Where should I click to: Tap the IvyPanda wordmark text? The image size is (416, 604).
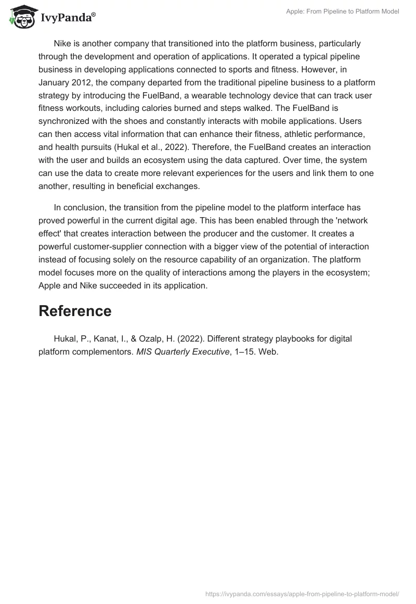[68, 18]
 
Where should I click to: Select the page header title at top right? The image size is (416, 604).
[342, 11]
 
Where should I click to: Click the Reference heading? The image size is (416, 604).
[75, 311]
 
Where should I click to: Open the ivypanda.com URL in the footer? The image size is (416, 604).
[302, 593]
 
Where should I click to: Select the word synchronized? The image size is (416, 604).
[66, 121]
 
